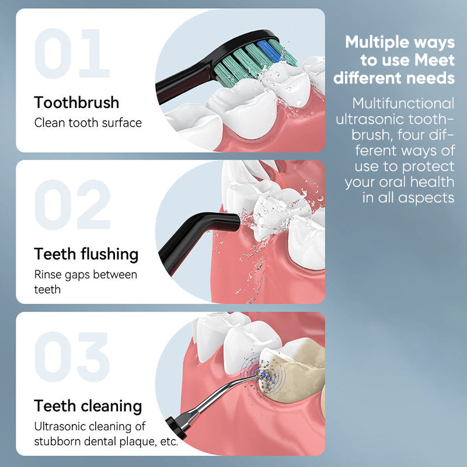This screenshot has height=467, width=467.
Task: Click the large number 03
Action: (x=72, y=357)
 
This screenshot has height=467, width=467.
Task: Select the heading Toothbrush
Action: (x=76, y=103)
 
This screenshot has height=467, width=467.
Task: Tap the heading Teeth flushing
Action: (x=86, y=254)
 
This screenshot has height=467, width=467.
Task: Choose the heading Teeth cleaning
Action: (x=88, y=406)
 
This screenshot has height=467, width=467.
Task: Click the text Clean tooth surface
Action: (x=88, y=123)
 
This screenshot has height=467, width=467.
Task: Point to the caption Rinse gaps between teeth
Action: (x=85, y=281)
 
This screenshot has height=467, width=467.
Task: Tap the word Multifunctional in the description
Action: (x=403, y=103)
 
